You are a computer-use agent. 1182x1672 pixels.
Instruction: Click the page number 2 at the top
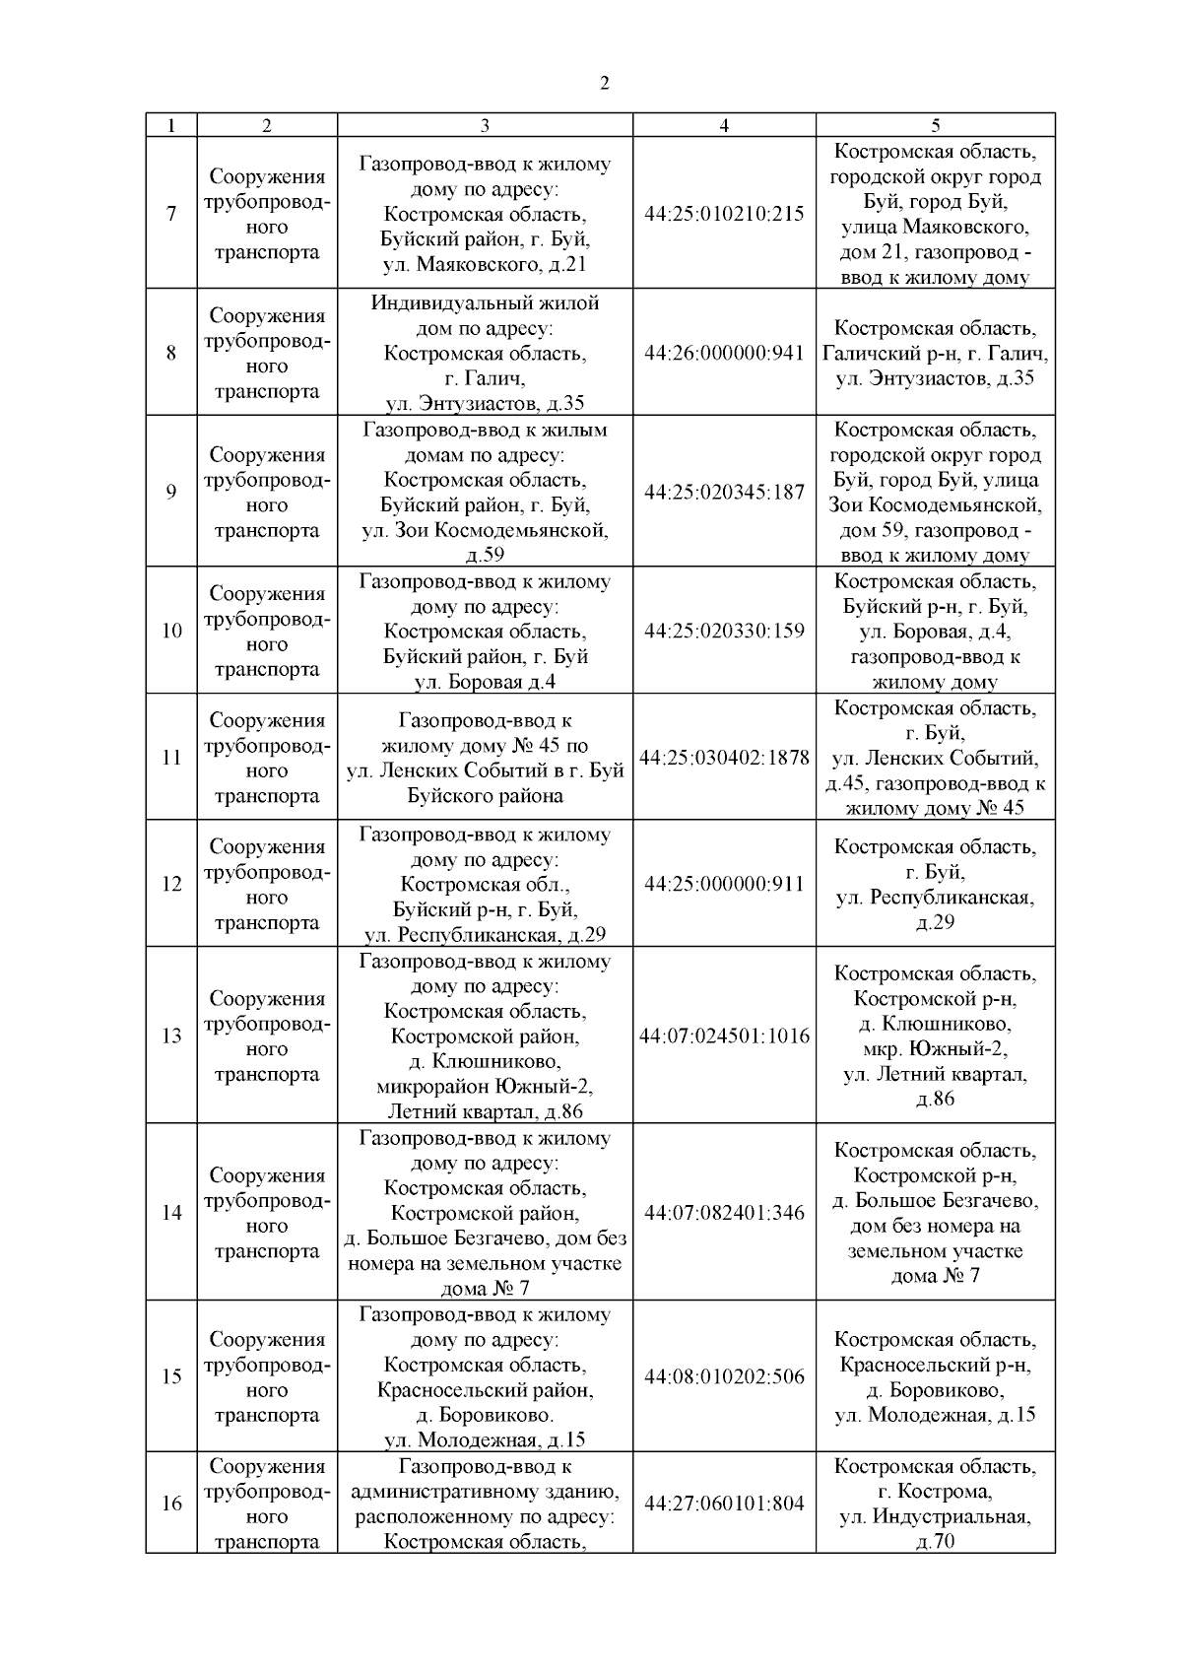coord(604,83)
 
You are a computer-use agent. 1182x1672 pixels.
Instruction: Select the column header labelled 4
coord(724,125)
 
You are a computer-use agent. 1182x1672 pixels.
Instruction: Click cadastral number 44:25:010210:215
coord(724,214)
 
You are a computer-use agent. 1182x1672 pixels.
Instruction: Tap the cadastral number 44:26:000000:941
coord(724,353)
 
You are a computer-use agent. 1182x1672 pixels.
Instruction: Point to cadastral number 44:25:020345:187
coord(724,492)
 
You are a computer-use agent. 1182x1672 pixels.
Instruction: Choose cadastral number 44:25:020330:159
coord(724,631)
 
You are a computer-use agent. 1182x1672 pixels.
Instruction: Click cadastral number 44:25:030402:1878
coord(724,758)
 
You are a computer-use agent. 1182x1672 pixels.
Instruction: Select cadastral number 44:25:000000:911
coord(724,884)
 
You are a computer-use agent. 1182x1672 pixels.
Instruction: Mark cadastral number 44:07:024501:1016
coord(724,1036)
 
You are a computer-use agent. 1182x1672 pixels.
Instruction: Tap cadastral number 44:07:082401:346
coord(724,1213)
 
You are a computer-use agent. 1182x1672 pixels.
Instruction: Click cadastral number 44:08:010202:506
coord(724,1376)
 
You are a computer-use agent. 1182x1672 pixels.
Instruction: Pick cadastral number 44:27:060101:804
coord(724,1504)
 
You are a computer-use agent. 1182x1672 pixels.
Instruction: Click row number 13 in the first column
coord(171,1036)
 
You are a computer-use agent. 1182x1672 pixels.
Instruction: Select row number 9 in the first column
coord(171,492)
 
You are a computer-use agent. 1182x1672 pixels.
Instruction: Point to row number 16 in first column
coord(171,1504)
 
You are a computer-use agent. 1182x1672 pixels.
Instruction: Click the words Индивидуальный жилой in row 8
coord(485,302)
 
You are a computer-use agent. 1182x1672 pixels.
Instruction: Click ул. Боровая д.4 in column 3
coord(485,682)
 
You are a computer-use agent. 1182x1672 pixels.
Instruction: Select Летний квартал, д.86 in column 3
coord(485,1112)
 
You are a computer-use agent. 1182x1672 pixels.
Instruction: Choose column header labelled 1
coord(171,125)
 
